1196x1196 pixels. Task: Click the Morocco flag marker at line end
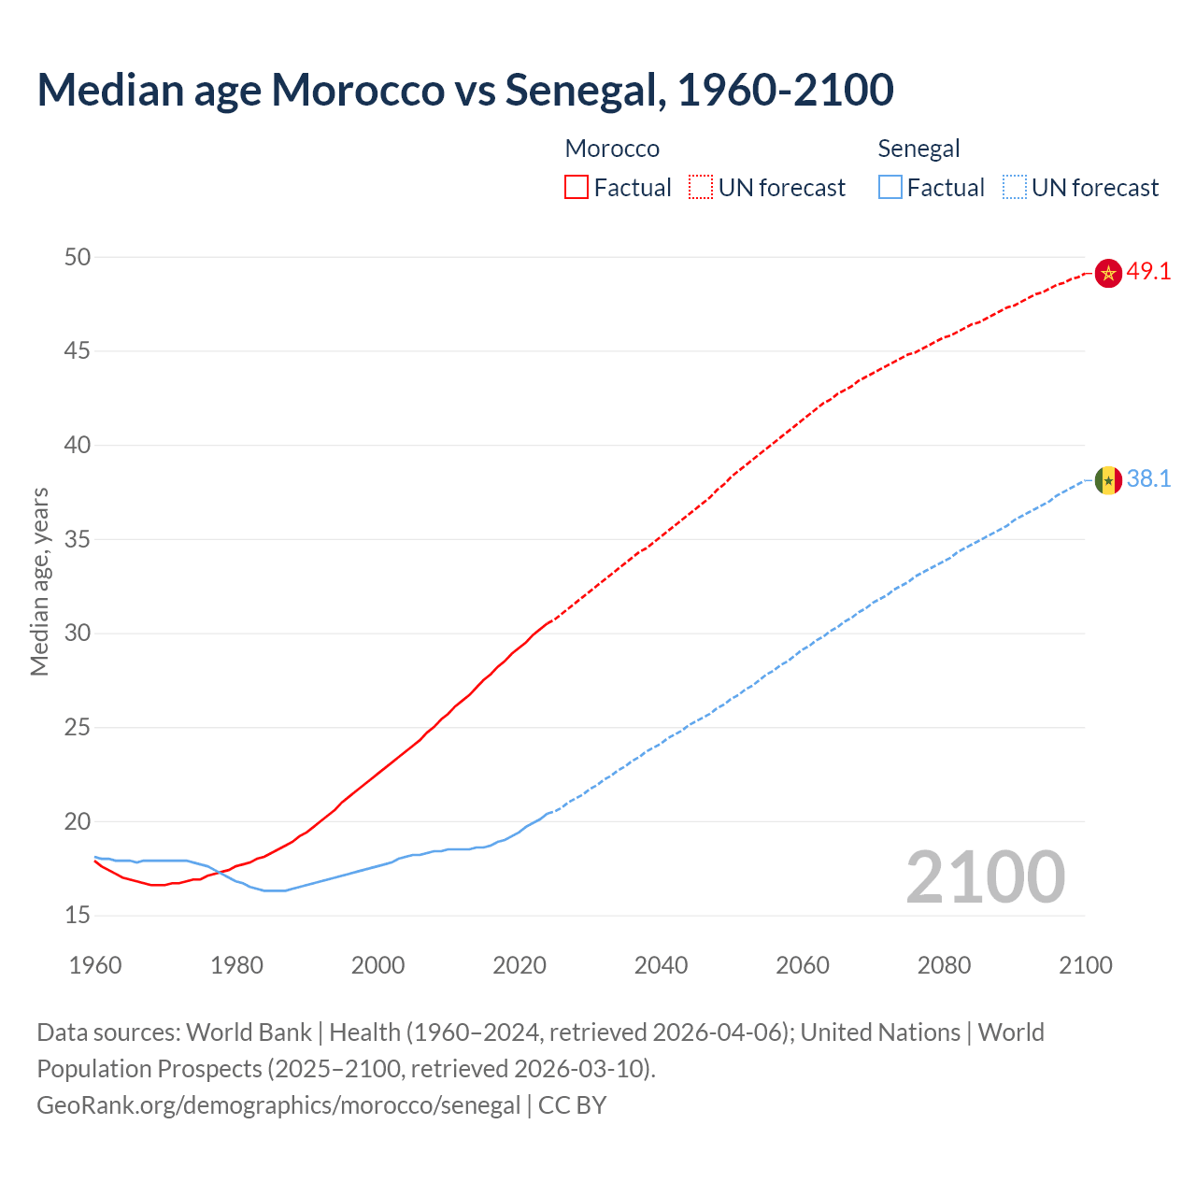(1108, 273)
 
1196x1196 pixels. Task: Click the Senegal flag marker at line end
(1108, 480)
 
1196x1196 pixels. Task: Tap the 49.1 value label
(1148, 272)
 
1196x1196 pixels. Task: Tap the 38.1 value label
(1148, 479)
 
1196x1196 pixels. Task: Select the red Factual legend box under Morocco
(577, 187)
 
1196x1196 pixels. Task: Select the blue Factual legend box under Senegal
(890, 187)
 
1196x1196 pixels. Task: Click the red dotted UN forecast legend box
(701, 187)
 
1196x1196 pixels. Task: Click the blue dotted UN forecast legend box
(1014, 187)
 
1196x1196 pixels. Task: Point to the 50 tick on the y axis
(78, 257)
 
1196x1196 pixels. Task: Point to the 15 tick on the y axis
(78, 915)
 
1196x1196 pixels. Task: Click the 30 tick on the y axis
(78, 633)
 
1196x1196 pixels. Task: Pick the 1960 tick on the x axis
(95, 965)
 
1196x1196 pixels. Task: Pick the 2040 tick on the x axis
(661, 965)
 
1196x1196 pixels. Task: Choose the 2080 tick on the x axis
(944, 965)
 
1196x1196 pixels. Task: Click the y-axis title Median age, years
(39, 581)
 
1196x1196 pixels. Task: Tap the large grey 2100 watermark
(985, 876)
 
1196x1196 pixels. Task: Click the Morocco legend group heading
(612, 149)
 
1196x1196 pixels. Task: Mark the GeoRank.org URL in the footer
(278, 1105)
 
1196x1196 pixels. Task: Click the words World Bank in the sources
(249, 1032)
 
